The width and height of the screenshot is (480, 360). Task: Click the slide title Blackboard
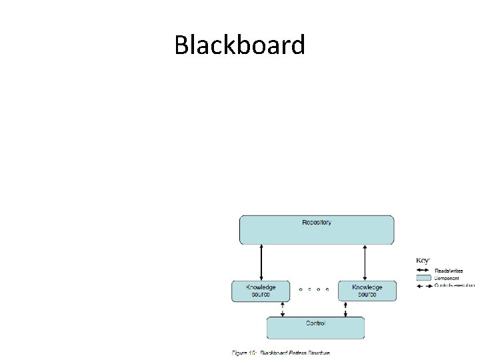[239, 45]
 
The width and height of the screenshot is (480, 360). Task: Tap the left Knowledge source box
[261, 291]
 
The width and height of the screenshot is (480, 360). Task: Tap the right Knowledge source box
[367, 291]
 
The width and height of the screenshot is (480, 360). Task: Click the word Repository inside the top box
[317, 223]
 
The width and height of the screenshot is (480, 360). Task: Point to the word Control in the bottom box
[315, 323]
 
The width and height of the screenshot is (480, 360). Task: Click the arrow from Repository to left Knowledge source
[261, 263]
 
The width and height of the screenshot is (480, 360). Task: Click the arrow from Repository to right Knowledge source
[365, 263]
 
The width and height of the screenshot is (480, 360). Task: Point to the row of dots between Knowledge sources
[313, 289]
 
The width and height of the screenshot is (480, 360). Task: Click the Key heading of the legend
[423, 260]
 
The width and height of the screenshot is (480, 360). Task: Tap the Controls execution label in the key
[454, 285]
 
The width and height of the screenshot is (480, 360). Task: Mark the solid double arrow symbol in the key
[423, 271]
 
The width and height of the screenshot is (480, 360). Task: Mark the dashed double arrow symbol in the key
[423, 285]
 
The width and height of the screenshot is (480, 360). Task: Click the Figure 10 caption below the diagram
[281, 353]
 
